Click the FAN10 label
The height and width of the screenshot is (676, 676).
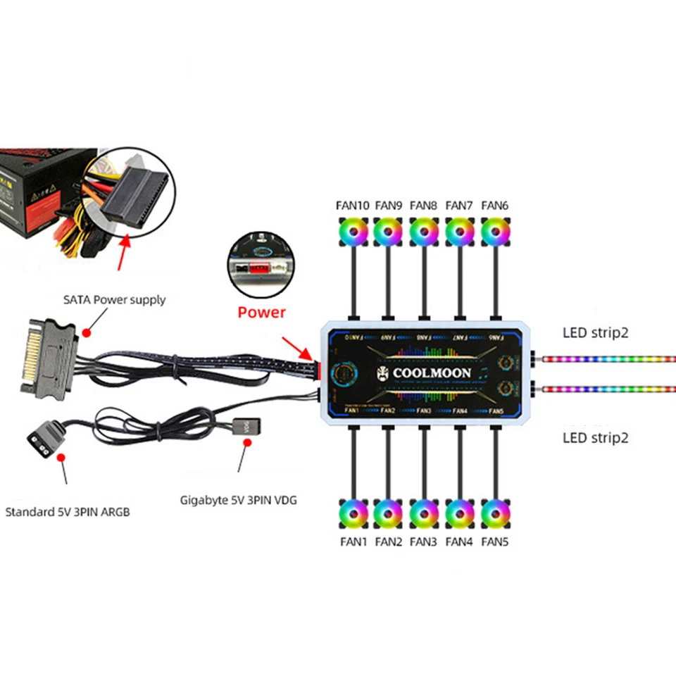tap(352, 206)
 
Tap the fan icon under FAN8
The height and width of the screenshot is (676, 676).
tap(423, 231)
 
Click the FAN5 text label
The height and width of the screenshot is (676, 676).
tap(495, 542)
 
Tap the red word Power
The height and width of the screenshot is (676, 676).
tap(261, 312)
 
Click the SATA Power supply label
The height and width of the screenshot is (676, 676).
tap(114, 300)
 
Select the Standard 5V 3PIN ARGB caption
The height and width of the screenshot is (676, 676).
tap(68, 511)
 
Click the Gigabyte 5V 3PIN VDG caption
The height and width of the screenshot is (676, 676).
tap(239, 500)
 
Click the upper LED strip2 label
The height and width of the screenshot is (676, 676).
tap(595, 332)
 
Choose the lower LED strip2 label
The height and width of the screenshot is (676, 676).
tap(595, 437)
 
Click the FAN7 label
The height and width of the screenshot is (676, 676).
tap(459, 206)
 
